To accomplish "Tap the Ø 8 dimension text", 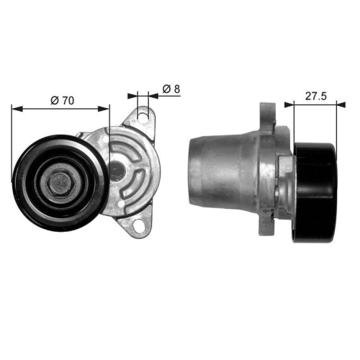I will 170,89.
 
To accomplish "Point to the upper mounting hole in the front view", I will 143,115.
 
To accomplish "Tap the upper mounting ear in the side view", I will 268,117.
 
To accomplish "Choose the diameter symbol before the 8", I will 165,89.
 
